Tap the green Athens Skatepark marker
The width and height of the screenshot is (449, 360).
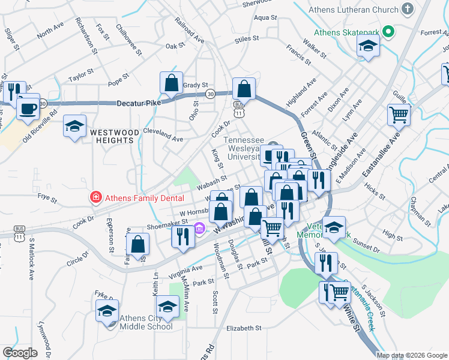click(x=388, y=32)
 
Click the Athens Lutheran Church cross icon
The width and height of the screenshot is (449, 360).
click(x=408, y=9)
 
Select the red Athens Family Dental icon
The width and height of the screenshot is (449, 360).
click(x=95, y=197)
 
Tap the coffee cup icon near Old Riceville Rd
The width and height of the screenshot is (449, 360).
click(x=27, y=106)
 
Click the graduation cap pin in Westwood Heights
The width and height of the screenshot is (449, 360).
click(x=74, y=126)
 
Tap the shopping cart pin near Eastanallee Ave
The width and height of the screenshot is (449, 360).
click(x=399, y=114)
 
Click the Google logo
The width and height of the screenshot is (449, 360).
click(x=20, y=353)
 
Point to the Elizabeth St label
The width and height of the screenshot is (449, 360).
click(x=244, y=328)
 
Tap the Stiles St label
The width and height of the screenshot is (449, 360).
click(x=246, y=38)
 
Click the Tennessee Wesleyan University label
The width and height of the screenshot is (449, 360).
click(x=246, y=149)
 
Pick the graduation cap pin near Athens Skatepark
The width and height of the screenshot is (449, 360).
click(x=368, y=46)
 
